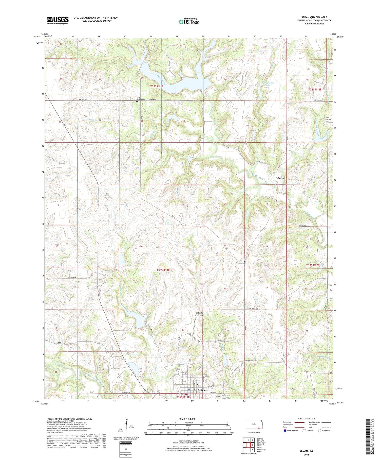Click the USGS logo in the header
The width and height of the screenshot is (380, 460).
coord(58,20)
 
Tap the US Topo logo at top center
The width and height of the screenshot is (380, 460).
coord(189,22)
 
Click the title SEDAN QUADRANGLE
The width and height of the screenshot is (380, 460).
coord(314,17)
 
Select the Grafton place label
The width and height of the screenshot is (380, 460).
coord(280,178)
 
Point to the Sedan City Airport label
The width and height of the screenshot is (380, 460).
coord(200,314)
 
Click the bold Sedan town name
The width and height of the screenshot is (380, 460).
coord(201,390)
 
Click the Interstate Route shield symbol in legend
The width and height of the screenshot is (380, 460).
coord(285,431)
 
